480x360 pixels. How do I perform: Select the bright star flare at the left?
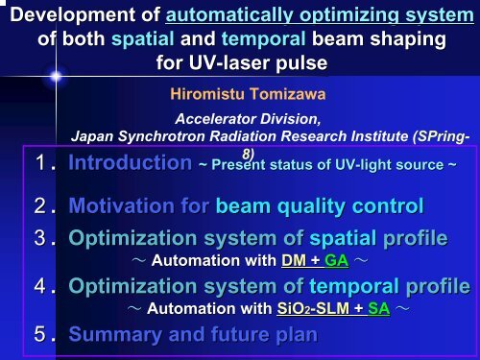(x=56, y=75)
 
